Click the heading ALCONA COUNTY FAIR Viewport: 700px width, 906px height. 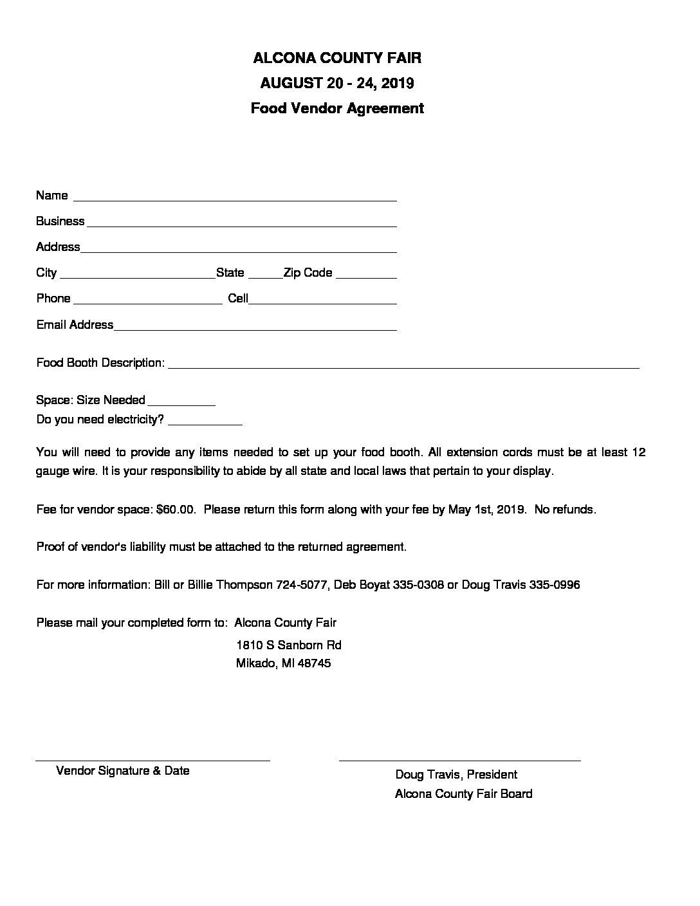tap(337, 58)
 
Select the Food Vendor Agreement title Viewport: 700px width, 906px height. tap(337, 108)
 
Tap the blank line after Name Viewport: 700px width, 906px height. tap(235, 199)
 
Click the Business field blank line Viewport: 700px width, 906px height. tap(241, 225)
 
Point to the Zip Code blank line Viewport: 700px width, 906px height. tap(366, 277)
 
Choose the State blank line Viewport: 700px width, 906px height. tap(265, 277)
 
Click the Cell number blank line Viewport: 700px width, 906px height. tap(322, 302)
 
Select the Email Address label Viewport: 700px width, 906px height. tap(75, 324)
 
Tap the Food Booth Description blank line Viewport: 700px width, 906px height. tap(403, 367)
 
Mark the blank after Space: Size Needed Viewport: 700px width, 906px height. tap(181, 405)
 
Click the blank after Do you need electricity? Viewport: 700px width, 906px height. tap(205, 424)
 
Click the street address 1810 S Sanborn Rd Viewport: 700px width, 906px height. tap(289, 645)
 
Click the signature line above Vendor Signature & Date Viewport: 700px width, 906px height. tap(152, 761)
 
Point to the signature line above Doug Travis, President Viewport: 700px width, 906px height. tap(459, 761)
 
